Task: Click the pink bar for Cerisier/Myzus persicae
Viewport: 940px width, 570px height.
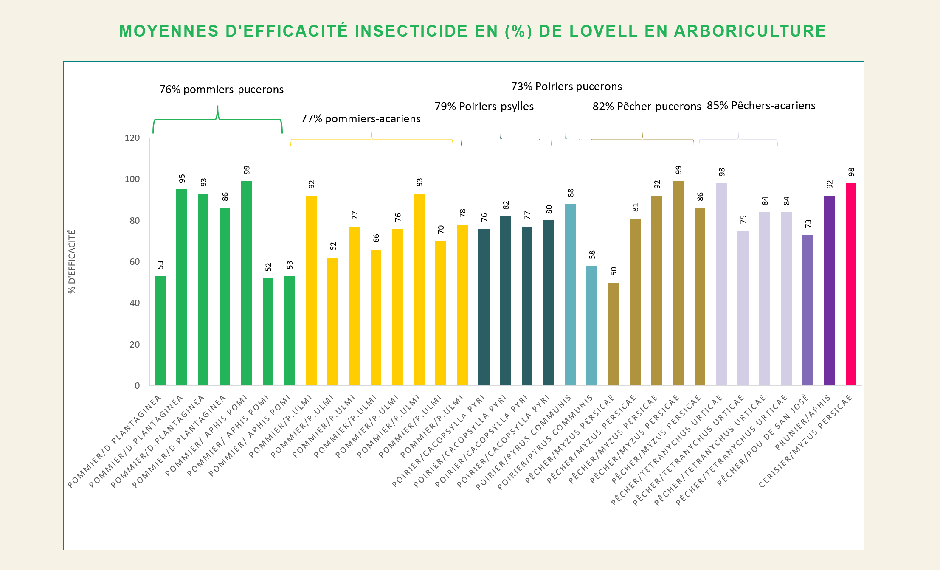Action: point(851,284)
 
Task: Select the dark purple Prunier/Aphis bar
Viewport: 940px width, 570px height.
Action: point(829,291)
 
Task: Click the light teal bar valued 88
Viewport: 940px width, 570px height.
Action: point(570,295)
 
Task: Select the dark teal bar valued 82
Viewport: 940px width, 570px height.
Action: point(505,301)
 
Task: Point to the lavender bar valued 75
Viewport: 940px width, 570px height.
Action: point(743,308)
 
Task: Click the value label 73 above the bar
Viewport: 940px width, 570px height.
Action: point(808,224)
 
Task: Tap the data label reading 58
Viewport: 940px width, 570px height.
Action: point(592,255)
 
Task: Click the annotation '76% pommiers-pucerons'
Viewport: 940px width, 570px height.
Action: point(221,90)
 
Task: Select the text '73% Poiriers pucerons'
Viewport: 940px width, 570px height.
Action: point(566,87)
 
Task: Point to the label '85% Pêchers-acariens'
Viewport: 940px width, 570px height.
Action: point(761,106)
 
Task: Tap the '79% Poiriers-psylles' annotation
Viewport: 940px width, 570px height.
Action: point(484,107)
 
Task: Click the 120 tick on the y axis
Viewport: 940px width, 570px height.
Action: point(132,138)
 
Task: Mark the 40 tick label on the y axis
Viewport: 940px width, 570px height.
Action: point(135,303)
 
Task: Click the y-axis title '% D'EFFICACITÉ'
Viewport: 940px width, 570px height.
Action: point(72,261)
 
